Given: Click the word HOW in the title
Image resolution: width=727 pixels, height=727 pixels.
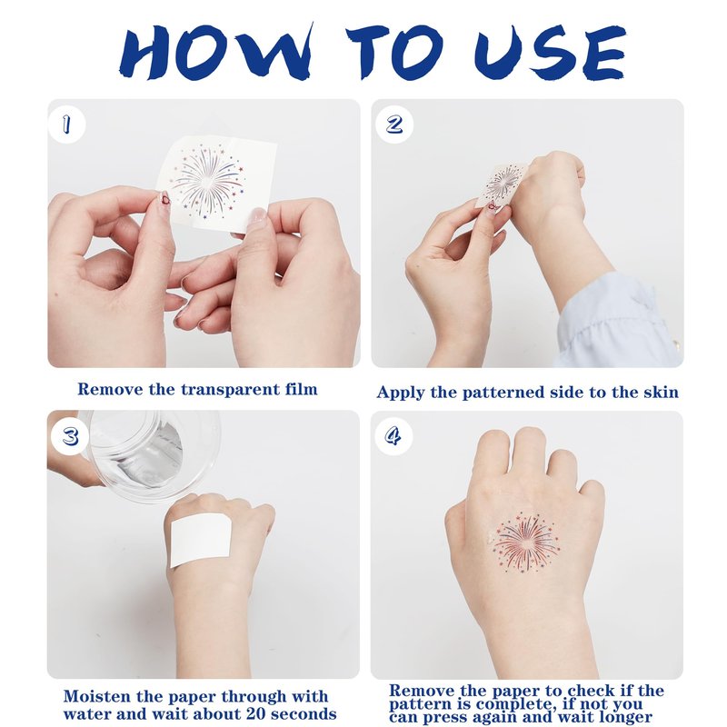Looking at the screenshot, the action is pyautogui.click(x=216, y=52).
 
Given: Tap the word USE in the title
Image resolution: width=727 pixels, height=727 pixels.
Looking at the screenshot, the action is pyautogui.click(x=550, y=52).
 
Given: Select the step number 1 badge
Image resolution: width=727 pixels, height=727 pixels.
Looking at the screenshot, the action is pyautogui.click(x=66, y=124).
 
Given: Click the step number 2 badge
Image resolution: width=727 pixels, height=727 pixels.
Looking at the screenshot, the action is pyautogui.click(x=394, y=124).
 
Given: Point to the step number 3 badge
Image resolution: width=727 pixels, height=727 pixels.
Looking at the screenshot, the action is pyautogui.click(x=70, y=436).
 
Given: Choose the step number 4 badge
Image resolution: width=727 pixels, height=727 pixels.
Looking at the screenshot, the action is pyautogui.click(x=393, y=436).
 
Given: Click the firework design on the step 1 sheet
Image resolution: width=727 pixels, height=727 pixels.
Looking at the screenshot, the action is pyautogui.click(x=207, y=181).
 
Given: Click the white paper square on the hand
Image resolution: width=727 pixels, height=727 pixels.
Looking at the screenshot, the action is pyautogui.click(x=201, y=542).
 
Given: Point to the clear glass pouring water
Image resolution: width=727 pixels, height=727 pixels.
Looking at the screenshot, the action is pyautogui.click(x=147, y=454).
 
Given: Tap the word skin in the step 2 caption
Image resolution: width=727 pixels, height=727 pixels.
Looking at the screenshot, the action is pyautogui.click(x=661, y=393).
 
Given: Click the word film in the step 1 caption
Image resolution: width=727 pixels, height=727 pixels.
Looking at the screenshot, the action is pyautogui.click(x=302, y=389).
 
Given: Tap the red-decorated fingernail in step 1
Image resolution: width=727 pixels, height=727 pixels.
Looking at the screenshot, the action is pyautogui.click(x=164, y=200).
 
